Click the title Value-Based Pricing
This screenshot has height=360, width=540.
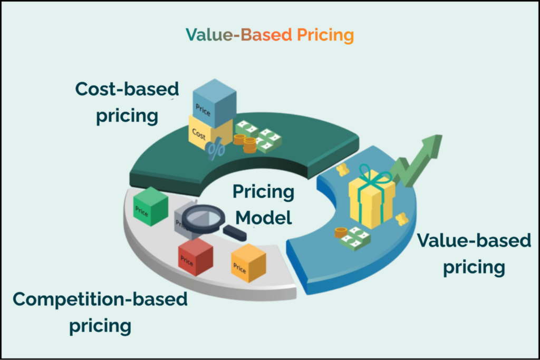(269, 35)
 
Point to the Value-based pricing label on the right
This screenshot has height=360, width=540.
(474, 254)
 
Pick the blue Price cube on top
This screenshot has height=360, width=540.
(213, 103)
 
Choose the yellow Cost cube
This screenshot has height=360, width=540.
(203, 132)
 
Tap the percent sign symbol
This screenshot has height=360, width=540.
(215, 151)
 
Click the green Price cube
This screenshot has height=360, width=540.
(150, 207)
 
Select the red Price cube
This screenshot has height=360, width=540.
(195, 257)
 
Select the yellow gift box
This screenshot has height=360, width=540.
(371, 202)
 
